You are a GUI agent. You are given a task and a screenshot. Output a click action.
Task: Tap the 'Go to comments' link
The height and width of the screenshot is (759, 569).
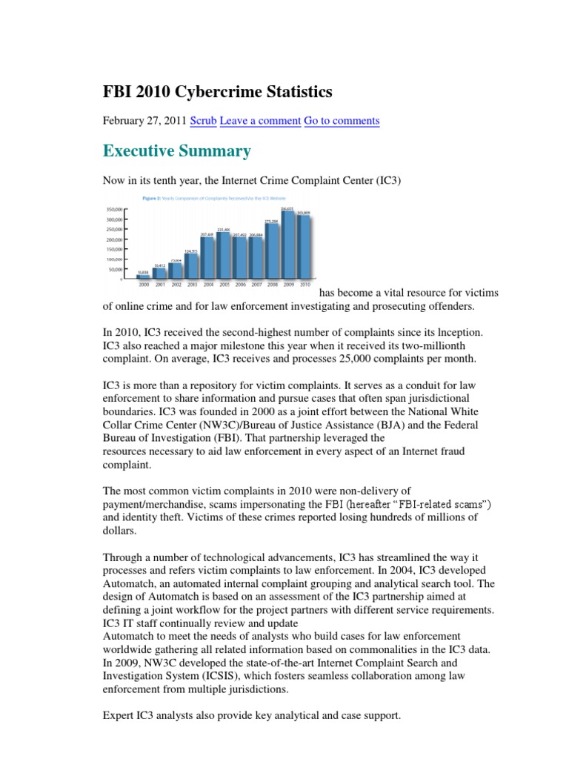click(x=342, y=120)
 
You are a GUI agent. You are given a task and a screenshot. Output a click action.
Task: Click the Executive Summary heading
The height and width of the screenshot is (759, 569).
click(x=176, y=151)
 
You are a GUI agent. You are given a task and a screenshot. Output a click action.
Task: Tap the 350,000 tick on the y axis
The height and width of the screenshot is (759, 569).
click(x=113, y=210)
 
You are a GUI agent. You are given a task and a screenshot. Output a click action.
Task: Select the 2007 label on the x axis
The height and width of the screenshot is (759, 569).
click(x=256, y=285)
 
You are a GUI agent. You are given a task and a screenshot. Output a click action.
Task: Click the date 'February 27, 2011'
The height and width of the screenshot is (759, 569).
click(x=144, y=120)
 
